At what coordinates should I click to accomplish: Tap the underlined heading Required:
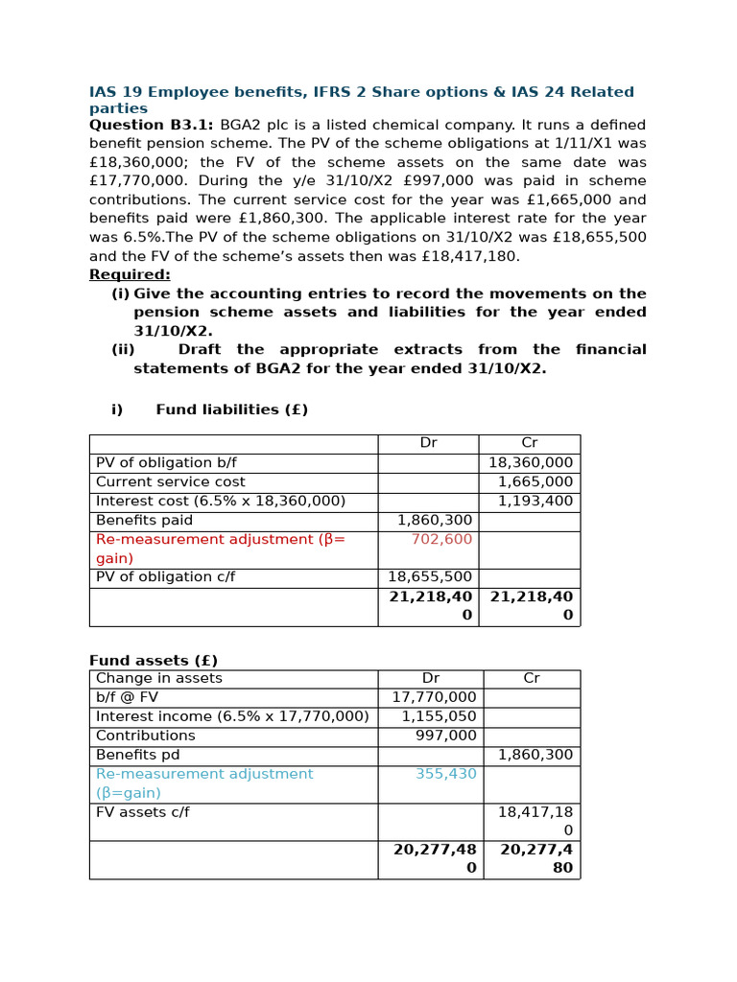[130, 274]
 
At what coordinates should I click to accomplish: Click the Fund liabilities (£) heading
[231, 409]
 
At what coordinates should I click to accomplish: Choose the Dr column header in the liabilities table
[428, 443]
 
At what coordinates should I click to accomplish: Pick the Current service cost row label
[170, 481]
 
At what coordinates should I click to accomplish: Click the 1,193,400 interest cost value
[535, 501]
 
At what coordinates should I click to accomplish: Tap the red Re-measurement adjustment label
[220, 539]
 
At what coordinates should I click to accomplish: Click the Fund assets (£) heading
[154, 660]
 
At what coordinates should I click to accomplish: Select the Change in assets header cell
[158, 678]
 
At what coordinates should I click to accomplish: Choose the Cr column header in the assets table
[531, 678]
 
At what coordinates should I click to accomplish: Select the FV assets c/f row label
[142, 812]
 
